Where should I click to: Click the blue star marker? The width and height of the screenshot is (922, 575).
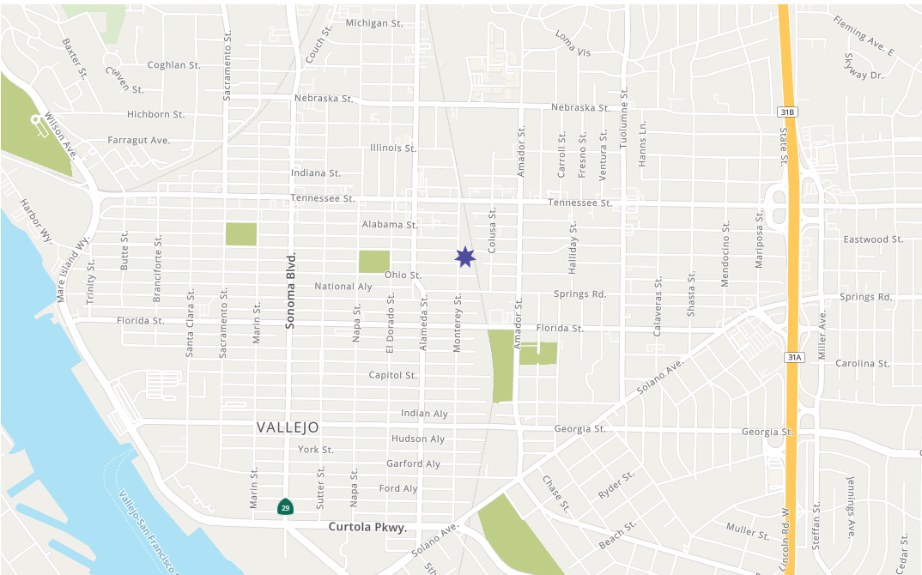[x=464, y=257]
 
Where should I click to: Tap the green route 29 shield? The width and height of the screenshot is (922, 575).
[x=284, y=506]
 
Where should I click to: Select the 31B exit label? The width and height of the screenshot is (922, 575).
[x=788, y=112]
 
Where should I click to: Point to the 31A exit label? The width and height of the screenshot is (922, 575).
[x=793, y=356]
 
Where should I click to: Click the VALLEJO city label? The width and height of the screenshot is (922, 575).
[x=288, y=427]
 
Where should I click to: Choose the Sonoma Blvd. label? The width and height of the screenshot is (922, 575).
[x=290, y=291]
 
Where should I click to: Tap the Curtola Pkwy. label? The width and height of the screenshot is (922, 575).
[x=367, y=527]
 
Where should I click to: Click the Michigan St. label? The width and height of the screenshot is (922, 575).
[x=374, y=23]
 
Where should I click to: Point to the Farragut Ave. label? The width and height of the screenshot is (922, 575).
[x=139, y=140]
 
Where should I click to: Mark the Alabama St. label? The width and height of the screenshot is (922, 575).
[x=389, y=224]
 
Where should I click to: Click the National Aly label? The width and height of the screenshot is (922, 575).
[x=343, y=287]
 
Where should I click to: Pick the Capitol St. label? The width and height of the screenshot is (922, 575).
[x=392, y=375]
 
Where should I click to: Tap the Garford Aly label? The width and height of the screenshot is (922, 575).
[x=413, y=463]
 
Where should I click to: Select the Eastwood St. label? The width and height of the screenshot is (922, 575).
[x=873, y=239]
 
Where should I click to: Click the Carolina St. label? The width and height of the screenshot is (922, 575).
[x=862, y=363]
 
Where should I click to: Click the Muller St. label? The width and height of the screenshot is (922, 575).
[x=748, y=530]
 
